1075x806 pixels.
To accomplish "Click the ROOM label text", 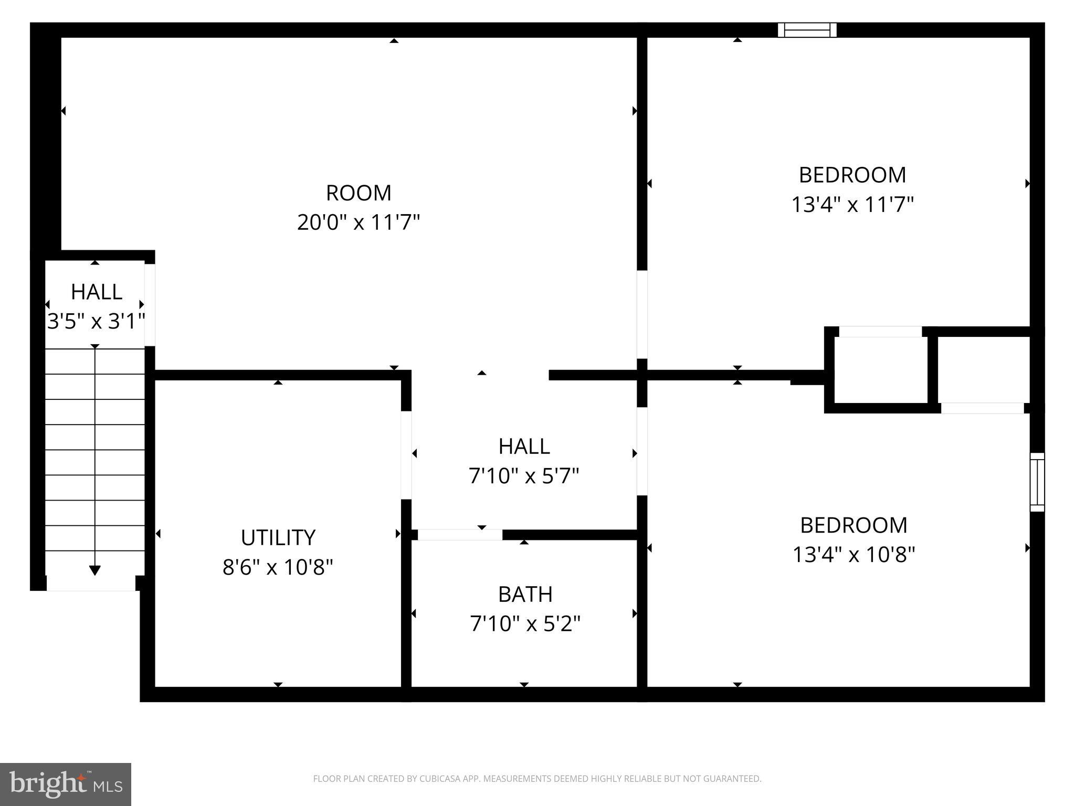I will click(359, 193).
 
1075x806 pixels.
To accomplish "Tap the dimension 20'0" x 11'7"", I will click(359, 222).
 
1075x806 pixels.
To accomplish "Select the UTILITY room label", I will click(278, 537).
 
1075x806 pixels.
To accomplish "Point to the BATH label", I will click(525, 595).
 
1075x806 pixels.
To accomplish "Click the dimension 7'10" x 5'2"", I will click(525, 624).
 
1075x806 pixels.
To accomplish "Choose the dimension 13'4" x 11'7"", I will click(852, 204).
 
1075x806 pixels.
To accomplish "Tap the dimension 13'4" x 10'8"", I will click(853, 554).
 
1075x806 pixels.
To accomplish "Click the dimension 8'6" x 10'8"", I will click(278, 567).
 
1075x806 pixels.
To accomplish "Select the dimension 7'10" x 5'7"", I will click(524, 476).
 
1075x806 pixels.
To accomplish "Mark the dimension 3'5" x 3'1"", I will click(96, 321).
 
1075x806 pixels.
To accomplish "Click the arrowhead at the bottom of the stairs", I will click(95, 570).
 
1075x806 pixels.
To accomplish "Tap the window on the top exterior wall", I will click(807, 30).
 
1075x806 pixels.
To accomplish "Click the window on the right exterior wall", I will click(1037, 482).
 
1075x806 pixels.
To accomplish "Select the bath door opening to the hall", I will click(460, 535).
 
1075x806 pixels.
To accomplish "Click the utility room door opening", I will click(406, 454).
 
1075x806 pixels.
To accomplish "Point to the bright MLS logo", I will click(66, 784).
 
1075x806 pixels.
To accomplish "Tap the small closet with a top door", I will click(880, 369).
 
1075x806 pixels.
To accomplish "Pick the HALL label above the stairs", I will click(97, 292).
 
